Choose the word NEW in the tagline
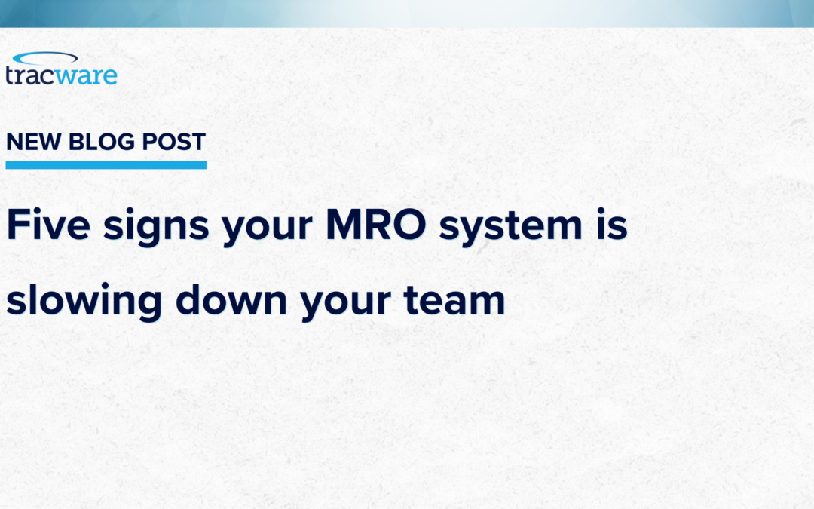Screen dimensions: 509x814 pos(32,143)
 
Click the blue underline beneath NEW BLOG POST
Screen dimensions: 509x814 pos(106,164)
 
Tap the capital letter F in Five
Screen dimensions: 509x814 pos(17,225)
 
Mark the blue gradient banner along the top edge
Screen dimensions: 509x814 pos(407,14)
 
